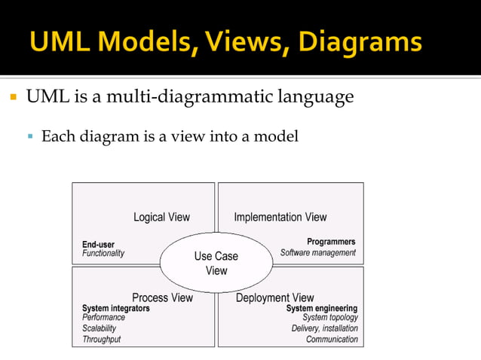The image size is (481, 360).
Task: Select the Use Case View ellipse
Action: point(216,263)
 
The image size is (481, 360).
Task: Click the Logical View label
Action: point(161,217)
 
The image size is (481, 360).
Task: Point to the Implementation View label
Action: point(280,217)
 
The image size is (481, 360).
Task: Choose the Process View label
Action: point(162,297)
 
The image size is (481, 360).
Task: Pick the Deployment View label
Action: point(274,297)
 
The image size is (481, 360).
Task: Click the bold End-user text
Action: point(98,244)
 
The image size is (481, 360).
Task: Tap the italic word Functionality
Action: point(103,254)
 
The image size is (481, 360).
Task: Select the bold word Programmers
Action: point(331,242)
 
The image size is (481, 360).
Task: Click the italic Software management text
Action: point(318,252)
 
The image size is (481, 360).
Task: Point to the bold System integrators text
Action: point(115,308)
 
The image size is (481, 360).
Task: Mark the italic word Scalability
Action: point(100,328)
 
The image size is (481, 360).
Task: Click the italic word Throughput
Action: point(101,340)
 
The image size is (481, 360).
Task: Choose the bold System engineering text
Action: point(321,308)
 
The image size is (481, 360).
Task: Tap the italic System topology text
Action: point(330,318)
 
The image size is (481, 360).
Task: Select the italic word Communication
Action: point(332,340)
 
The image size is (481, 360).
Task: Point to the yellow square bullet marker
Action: point(13,98)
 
